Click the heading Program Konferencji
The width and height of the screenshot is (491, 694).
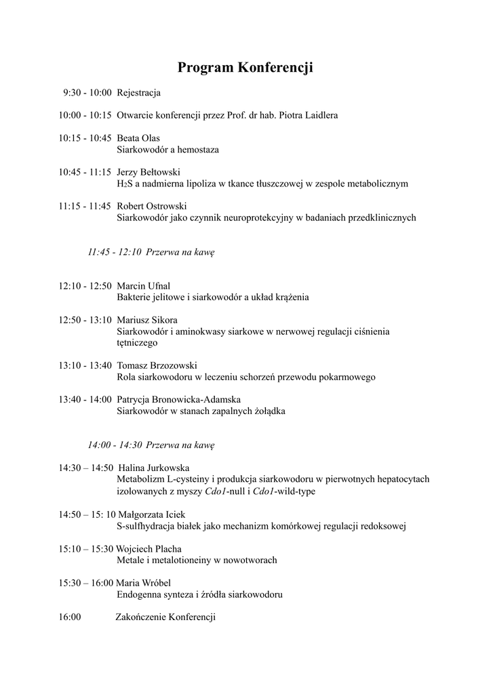point(245,67)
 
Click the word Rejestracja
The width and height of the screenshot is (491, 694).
point(138,92)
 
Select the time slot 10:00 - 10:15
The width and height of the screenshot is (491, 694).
point(85,115)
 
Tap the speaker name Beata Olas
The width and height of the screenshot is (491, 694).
point(138,138)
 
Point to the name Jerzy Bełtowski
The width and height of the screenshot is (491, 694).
point(148,172)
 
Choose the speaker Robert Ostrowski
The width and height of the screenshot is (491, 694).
point(151,206)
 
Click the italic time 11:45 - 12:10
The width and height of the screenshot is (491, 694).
point(114,252)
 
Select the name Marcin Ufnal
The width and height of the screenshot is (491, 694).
point(143,286)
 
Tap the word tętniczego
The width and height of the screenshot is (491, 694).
point(138,343)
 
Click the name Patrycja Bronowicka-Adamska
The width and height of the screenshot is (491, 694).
point(178,399)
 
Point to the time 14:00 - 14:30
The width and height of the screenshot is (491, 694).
point(114,445)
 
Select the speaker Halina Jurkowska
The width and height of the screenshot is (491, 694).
point(154,468)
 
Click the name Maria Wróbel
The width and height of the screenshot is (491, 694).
point(143,583)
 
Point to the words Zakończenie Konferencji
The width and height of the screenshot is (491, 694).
point(165,617)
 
